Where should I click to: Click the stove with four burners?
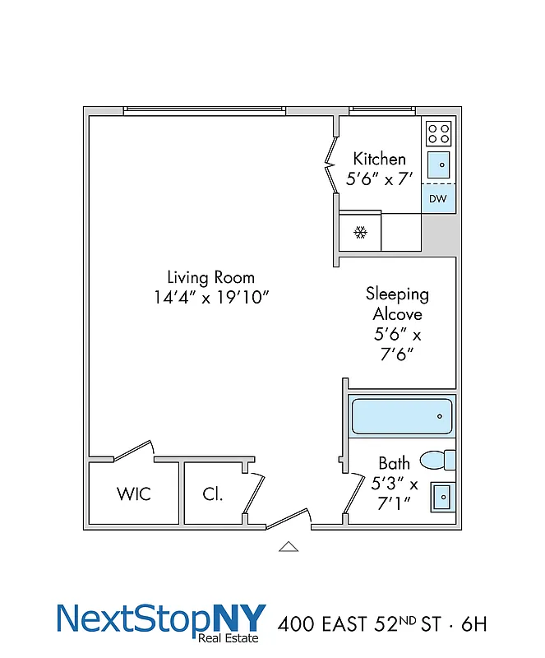[x=438, y=133]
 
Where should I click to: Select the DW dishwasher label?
[x=438, y=199]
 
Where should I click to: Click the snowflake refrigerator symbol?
[x=360, y=232]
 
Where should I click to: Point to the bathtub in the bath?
[x=401, y=416]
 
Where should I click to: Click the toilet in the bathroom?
[x=436, y=460]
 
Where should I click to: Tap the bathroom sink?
[x=441, y=496]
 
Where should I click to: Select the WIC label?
[x=133, y=494]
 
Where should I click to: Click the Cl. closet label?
[x=213, y=494]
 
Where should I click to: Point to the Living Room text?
[x=210, y=277]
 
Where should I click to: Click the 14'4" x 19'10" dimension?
[x=210, y=297]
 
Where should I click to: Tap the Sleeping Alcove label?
[x=397, y=304]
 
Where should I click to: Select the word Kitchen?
[x=379, y=159]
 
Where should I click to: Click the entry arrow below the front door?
[x=289, y=546]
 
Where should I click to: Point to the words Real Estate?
[x=229, y=637]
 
